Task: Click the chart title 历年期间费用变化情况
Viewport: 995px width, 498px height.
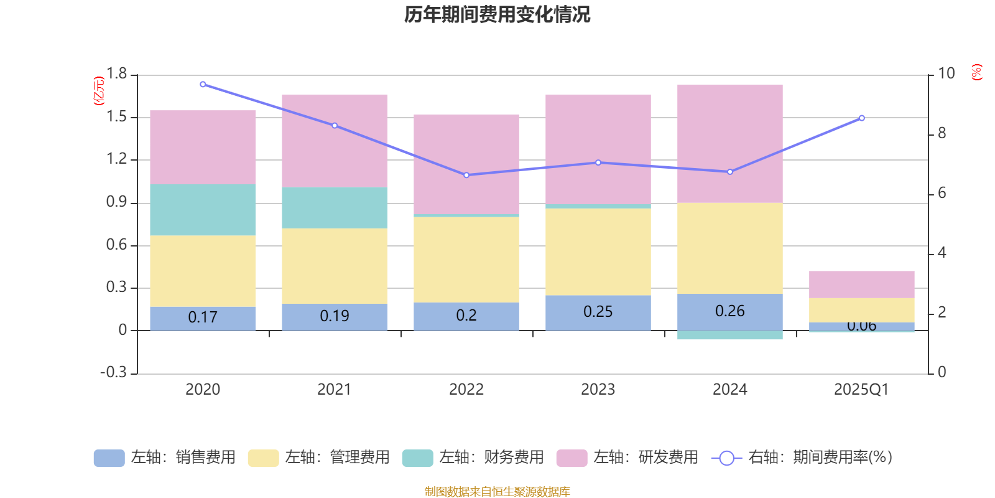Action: click(x=497, y=14)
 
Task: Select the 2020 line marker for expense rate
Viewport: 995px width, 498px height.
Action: click(x=203, y=84)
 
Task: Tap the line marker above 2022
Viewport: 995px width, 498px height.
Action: click(x=466, y=175)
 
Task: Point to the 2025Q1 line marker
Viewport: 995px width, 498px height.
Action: click(x=861, y=118)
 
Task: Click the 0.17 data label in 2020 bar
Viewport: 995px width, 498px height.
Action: click(x=203, y=317)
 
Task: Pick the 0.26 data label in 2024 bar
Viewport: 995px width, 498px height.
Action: click(x=729, y=311)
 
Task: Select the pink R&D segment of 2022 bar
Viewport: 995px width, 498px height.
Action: click(x=466, y=164)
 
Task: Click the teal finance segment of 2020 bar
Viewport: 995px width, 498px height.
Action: click(x=203, y=209)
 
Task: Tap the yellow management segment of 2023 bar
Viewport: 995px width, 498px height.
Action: click(x=598, y=251)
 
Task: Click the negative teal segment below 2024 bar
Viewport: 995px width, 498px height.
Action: click(x=729, y=336)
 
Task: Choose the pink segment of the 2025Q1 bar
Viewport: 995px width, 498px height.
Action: click(x=861, y=284)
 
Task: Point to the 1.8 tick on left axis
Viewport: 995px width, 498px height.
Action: click(x=116, y=74)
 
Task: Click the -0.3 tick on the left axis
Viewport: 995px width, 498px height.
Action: click(x=113, y=372)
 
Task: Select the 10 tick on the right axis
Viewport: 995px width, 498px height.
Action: click(x=946, y=73)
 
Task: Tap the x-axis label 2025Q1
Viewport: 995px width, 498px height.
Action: click(x=861, y=390)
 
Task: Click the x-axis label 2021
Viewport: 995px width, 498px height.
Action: click(x=335, y=390)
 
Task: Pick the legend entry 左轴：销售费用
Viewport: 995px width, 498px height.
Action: click(x=165, y=458)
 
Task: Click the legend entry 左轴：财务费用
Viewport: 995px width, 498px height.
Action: click(x=473, y=458)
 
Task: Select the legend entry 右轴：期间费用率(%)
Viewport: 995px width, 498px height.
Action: click(x=802, y=458)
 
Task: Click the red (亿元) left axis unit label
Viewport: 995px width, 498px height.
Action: click(x=98, y=91)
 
